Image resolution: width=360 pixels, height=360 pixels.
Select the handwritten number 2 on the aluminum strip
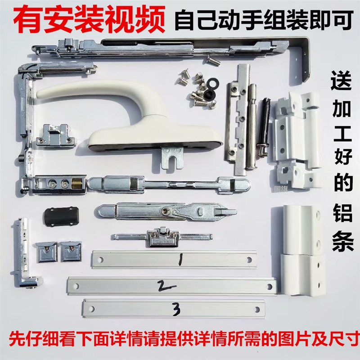pos(161,285)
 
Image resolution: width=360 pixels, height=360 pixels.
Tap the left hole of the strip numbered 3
pos(93,309)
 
